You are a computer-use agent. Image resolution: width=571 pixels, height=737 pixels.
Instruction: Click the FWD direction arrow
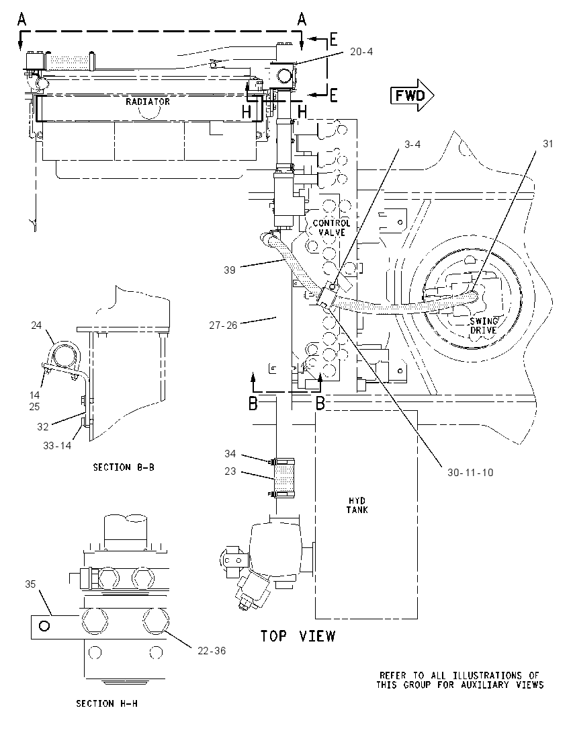coord(412,96)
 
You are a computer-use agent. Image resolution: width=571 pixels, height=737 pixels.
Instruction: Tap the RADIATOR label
coord(147,102)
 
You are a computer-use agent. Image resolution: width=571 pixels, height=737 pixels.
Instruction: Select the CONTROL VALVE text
coord(332,227)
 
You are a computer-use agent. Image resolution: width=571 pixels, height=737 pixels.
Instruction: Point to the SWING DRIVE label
coord(484,325)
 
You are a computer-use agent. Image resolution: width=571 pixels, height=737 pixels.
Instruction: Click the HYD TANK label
coord(357,505)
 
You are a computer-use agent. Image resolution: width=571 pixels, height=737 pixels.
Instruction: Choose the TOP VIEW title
coord(298,636)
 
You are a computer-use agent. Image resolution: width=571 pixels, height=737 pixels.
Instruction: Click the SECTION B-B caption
coord(124,467)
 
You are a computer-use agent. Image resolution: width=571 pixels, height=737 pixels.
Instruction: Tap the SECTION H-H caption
coord(107,703)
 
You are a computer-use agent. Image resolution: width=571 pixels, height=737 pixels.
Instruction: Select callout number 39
coord(230,270)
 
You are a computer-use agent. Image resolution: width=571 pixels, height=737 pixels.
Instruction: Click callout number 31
coord(548,144)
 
